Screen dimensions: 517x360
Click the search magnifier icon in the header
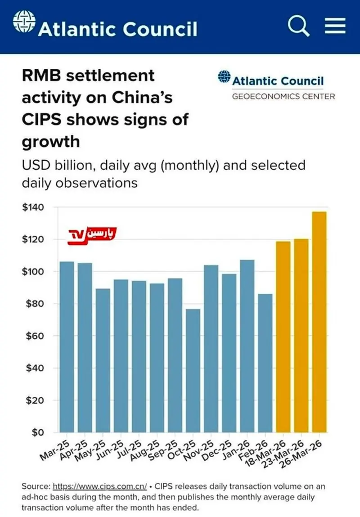point(298,27)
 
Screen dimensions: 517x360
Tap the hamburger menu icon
point(334,26)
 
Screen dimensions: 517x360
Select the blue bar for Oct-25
point(193,370)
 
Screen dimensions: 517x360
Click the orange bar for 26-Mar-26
point(319,322)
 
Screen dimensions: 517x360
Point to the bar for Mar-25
point(67,346)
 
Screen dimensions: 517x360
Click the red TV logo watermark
point(92,234)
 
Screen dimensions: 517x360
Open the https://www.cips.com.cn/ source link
point(100,486)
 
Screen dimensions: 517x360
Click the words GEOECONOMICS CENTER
point(283,96)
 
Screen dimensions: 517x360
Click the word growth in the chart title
point(50,142)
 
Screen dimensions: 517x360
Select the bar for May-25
point(103,360)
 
